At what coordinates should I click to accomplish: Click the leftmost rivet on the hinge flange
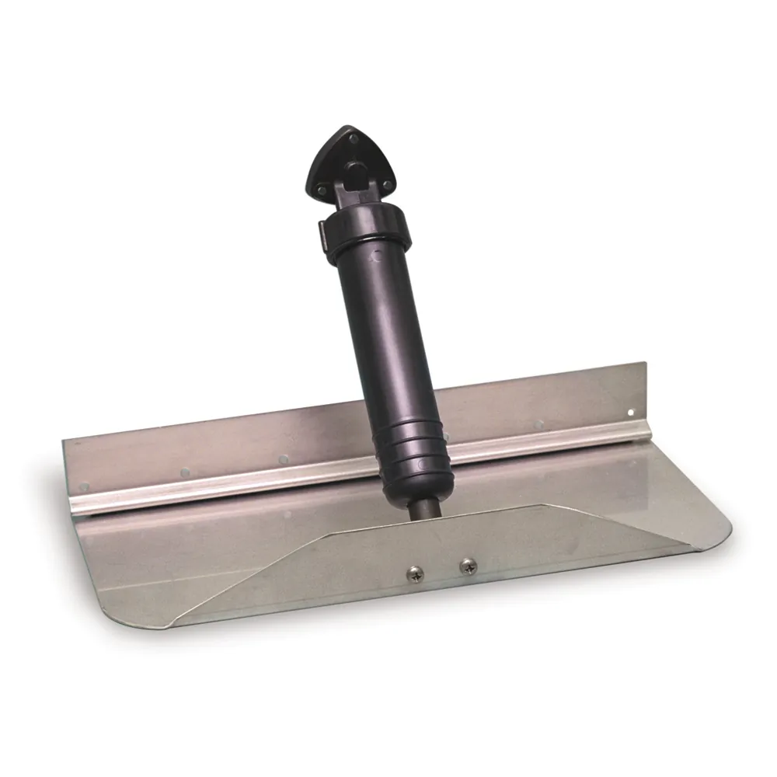pos(85,487)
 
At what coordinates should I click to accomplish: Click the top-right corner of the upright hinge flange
pos(645,363)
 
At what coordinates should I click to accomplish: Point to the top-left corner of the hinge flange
pos(64,440)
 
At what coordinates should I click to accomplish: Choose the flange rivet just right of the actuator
pos(445,437)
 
